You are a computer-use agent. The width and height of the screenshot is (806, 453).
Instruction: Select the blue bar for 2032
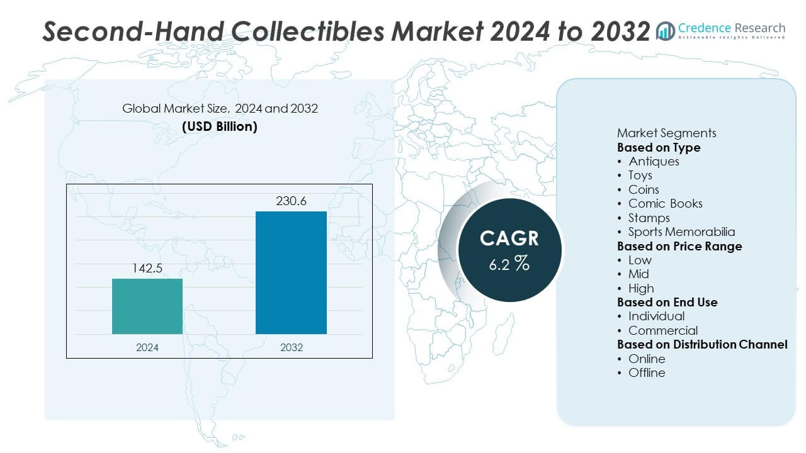click(x=291, y=272)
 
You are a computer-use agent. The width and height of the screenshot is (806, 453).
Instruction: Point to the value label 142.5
click(x=147, y=269)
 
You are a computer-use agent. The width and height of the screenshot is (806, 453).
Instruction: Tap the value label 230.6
click(x=291, y=201)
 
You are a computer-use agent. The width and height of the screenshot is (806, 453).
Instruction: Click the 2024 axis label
click(x=147, y=347)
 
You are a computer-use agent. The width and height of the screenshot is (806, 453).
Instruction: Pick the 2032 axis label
click(x=291, y=347)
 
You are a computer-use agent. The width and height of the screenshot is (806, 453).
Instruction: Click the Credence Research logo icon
click(x=665, y=31)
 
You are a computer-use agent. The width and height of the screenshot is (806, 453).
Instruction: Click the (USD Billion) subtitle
click(x=220, y=126)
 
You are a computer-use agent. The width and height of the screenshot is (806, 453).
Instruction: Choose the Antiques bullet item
click(x=654, y=161)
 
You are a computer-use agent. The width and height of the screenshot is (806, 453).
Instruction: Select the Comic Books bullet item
click(x=665, y=203)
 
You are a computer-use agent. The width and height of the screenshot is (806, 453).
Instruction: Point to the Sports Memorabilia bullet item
click(x=681, y=232)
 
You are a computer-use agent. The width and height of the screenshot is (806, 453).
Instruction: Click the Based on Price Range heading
click(x=679, y=246)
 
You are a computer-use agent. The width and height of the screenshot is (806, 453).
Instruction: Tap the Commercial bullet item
click(x=662, y=330)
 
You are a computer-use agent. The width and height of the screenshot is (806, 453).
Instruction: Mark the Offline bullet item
click(x=647, y=372)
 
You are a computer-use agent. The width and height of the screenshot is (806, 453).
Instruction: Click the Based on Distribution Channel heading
click(x=702, y=344)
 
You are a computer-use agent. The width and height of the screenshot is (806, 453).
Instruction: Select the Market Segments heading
click(x=666, y=133)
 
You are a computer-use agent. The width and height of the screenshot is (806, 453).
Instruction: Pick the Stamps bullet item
click(x=649, y=218)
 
